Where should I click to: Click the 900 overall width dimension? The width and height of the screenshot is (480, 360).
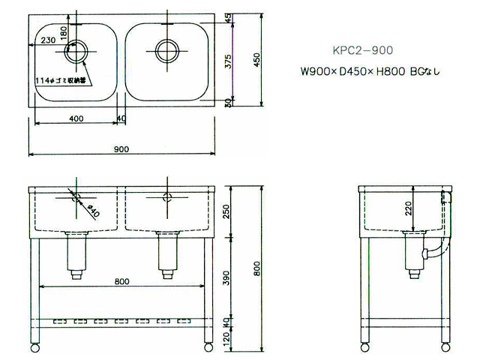121,148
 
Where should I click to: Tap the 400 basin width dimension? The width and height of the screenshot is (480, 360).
75,118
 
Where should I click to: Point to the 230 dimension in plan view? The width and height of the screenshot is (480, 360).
47,40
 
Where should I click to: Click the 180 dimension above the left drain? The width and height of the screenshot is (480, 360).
64,32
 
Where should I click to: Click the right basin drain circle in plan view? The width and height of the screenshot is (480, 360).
166,50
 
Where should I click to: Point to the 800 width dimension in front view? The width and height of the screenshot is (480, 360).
122,280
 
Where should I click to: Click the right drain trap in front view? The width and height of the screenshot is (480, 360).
166,255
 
